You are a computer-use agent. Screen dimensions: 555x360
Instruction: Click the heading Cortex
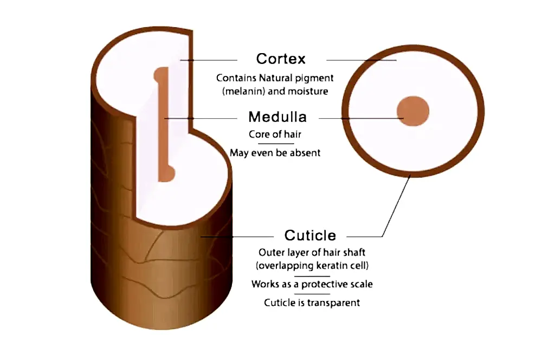click(x=281, y=59)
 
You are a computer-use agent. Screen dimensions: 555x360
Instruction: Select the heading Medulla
click(x=277, y=117)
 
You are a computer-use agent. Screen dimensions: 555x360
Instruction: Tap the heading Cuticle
click(x=310, y=235)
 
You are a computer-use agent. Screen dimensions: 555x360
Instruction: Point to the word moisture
click(x=308, y=91)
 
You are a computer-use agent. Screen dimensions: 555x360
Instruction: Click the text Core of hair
click(x=275, y=134)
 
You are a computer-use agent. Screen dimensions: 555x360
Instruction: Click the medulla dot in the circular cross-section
click(x=412, y=111)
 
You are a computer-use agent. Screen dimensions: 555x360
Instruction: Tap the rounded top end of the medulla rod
click(x=161, y=75)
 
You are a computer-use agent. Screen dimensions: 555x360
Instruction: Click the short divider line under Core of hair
click(x=276, y=144)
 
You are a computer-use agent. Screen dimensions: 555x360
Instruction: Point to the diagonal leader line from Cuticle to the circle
click(x=396, y=205)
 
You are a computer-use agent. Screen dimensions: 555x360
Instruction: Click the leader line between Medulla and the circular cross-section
click(x=361, y=118)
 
